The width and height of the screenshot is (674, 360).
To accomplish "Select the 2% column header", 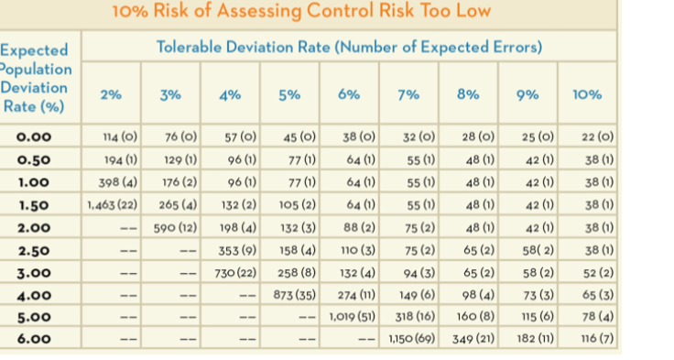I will pos(112,94).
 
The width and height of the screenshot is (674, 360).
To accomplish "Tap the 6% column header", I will pos(349,94).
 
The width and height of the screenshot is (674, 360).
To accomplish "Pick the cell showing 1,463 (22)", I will pos(113,204).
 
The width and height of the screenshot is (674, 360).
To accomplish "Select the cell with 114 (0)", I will pos(120,137).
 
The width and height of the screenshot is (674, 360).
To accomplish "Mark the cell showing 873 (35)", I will pos(294,294).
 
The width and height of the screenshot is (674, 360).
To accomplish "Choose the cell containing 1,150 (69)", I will pos(410,339).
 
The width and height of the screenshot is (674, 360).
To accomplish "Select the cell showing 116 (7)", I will pos(596,339).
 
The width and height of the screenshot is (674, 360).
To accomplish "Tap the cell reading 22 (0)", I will pos(597,137).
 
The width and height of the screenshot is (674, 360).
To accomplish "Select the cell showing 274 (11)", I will pos(353,294).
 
